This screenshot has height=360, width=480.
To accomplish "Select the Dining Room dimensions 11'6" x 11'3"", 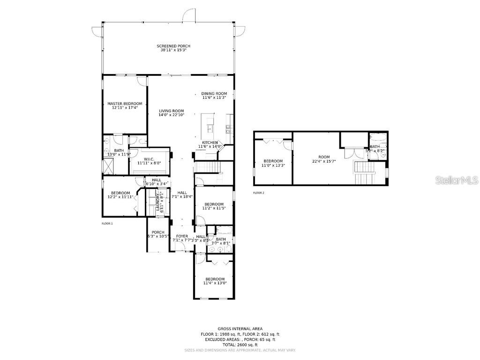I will point(214,97).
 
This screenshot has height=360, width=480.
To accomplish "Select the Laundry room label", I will point(158,202).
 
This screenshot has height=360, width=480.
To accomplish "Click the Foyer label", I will point(182,236).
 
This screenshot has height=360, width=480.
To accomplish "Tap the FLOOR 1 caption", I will point(107,224).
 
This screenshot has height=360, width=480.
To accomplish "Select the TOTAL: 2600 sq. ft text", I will point(240,345).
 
